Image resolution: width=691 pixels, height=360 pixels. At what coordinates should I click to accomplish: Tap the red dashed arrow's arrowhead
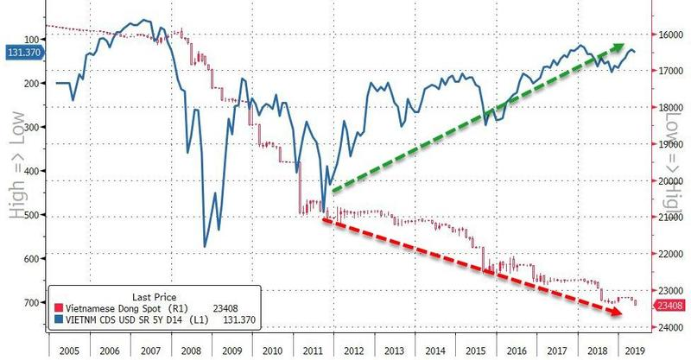(621, 317)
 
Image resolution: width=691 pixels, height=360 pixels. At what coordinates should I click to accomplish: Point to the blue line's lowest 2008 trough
(204, 247)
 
